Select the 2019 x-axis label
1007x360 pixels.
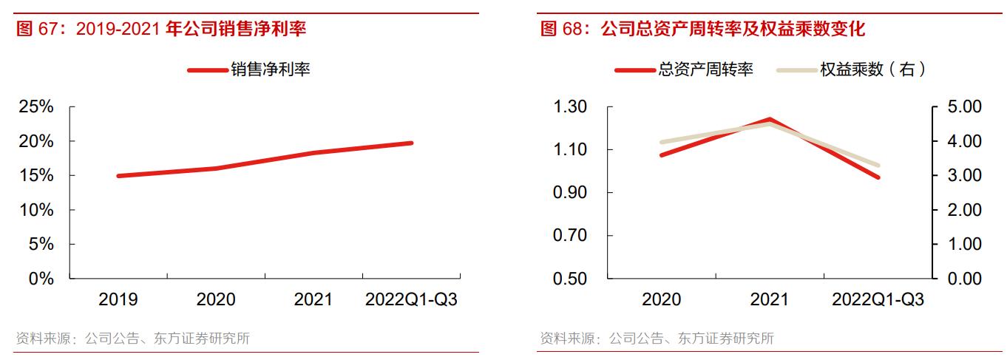point(118,299)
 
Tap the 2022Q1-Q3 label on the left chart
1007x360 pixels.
point(411,299)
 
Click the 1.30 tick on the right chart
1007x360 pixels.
point(570,107)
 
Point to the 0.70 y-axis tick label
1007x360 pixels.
point(570,236)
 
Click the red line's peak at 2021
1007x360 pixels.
point(770,119)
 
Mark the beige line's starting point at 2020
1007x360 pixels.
point(661,142)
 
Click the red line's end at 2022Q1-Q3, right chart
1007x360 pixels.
point(878,177)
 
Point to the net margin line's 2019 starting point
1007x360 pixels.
point(118,176)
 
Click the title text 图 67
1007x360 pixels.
point(41,30)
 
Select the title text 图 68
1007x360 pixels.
point(566,30)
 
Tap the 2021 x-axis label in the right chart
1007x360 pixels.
point(770,299)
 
